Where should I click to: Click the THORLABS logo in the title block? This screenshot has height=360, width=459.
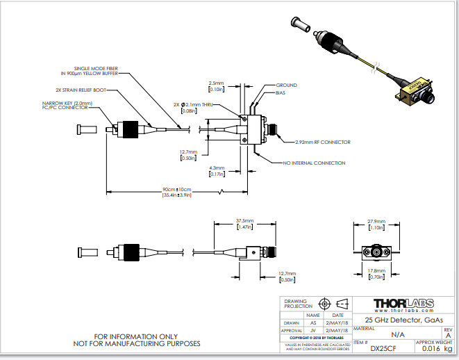[403, 304]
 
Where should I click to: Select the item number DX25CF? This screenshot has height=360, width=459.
[383, 348]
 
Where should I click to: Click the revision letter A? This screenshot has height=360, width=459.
[447, 334]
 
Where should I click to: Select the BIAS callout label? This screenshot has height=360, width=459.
[281, 92]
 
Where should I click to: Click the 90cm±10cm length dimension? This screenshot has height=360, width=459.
[177, 189]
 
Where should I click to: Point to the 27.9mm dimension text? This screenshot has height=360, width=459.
[375, 222]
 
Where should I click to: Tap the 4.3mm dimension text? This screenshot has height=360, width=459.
[217, 167]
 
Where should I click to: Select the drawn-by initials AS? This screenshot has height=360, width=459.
[313, 322]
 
